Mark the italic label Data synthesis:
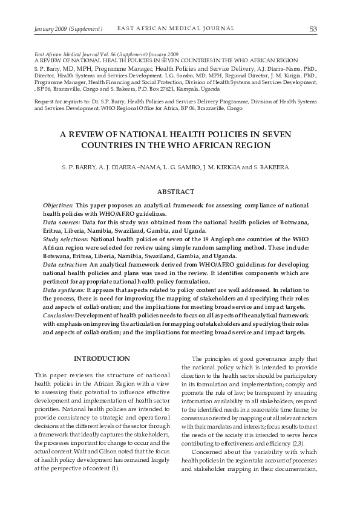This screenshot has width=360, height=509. pyautogui.click(x=64, y=290)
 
